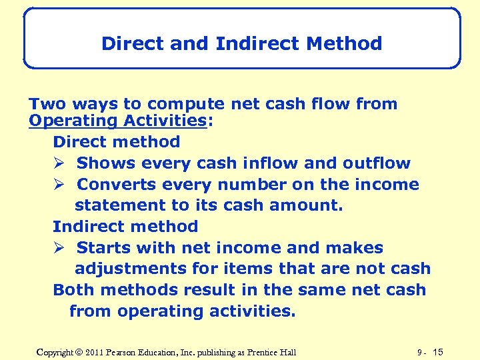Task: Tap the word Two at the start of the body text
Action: click(x=45, y=104)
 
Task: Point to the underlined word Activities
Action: click(x=161, y=121)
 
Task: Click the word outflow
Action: click(x=377, y=163)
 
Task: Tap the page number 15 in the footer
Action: click(x=438, y=352)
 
